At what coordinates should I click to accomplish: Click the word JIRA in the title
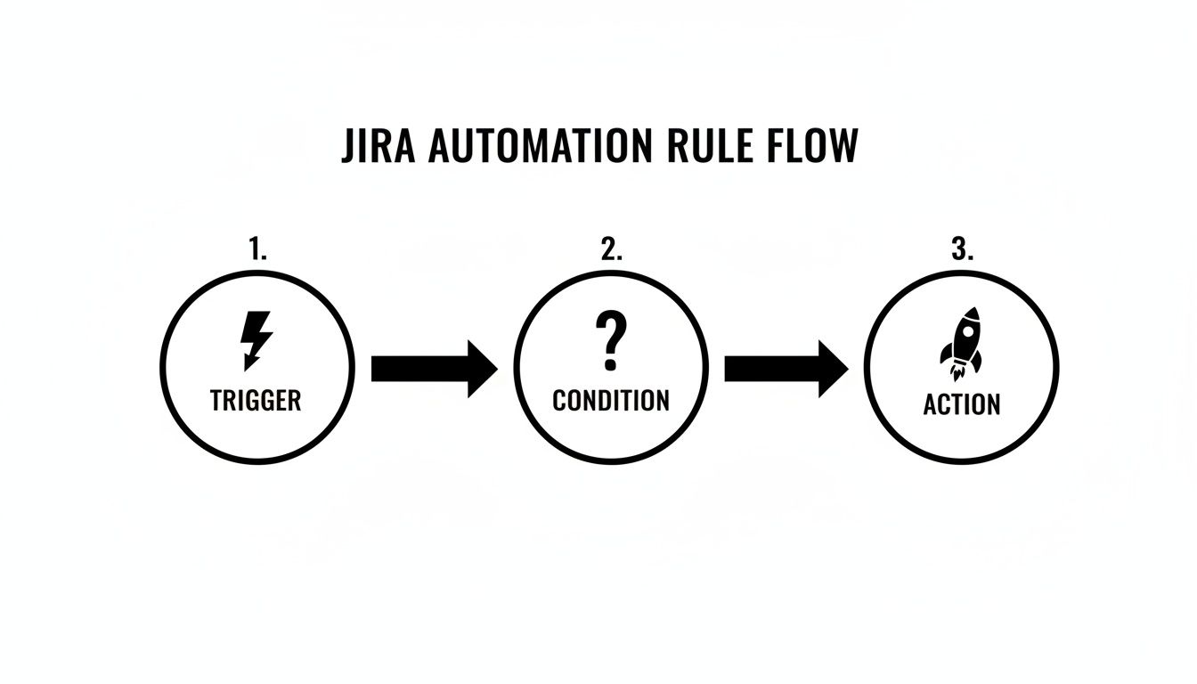[379, 147]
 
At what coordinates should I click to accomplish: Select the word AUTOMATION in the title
[533, 147]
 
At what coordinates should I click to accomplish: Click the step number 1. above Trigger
[257, 250]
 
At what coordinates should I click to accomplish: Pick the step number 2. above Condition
[611, 250]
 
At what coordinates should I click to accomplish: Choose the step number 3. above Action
[962, 250]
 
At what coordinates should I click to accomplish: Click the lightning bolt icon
[256, 339]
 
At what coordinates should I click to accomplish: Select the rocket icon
[962, 342]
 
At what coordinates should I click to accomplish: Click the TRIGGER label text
[256, 401]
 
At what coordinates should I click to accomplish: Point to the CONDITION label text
[611, 401]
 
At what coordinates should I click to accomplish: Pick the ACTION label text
[962, 404]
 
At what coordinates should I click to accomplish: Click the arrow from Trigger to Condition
[434, 368]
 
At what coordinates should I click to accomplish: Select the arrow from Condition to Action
[786, 368]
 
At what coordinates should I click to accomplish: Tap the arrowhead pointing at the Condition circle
[482, 368]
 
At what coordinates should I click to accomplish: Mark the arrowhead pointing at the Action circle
[834, 368]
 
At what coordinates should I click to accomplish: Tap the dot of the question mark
[610, 364]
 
